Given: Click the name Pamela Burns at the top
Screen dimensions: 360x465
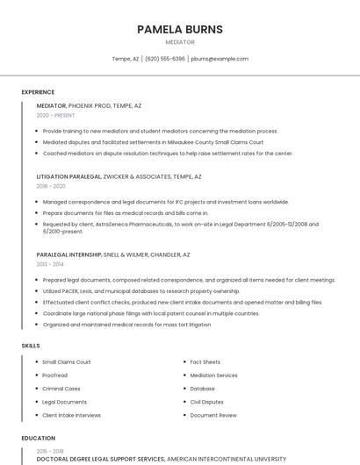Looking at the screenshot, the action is (180, 29).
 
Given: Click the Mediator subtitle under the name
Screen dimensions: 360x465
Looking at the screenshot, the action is (180, 42).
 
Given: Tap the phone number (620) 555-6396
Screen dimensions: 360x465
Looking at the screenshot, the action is (165, 59).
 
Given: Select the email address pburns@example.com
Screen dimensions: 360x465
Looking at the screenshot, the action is (220, 59).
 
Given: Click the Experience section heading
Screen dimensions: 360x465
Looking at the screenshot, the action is (38, 92).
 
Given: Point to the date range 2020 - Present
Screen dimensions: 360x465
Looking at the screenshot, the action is (55, 115).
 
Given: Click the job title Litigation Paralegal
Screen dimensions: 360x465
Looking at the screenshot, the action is (68, 176).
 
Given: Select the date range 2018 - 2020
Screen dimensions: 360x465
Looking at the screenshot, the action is (51, 186).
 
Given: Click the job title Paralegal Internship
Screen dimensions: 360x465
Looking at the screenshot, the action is (69, 254).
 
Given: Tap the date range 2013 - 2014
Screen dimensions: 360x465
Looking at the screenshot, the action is (50, 264).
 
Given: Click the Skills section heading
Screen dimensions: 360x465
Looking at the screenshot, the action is (31, 346).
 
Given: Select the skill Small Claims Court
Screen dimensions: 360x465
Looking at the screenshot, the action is (67, 361).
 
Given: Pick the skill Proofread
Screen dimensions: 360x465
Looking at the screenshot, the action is (55, 375).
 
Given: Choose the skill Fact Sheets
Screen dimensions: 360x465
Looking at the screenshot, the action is (205, 361).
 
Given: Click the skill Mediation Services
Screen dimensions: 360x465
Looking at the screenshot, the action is (213, 375).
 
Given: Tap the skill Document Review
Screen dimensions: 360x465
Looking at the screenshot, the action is (213, 415).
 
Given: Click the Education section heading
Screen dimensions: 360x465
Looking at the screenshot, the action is (38, 438).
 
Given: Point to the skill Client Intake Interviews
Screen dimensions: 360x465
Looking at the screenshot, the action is (72, 415).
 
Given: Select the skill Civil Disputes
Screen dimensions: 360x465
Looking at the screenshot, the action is (207, 402).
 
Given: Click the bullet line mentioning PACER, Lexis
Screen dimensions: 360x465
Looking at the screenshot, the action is (140, 290).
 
